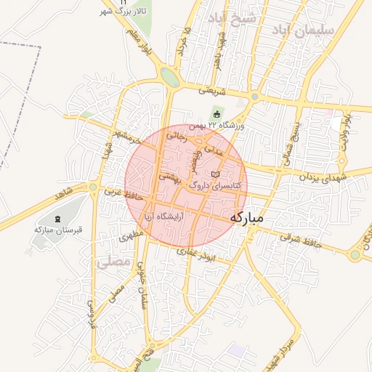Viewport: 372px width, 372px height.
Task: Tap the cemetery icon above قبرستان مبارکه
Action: click(x=58, y=219)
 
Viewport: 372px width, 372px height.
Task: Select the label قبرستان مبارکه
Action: click(x=60, y=230)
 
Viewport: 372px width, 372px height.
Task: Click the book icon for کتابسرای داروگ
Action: click(x=214, y=174)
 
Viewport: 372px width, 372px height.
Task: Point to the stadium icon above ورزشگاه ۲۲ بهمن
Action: click(x=217, y=113)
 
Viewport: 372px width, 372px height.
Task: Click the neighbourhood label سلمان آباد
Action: click(x=303, y=30)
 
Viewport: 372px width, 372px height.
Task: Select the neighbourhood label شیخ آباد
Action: click(x=232, y=17)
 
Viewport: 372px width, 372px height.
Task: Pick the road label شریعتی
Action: click(x=213, y=90)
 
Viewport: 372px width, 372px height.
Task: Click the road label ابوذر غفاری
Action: click(x=197, y=254)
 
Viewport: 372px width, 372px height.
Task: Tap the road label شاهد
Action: click(x=64, y=195)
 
